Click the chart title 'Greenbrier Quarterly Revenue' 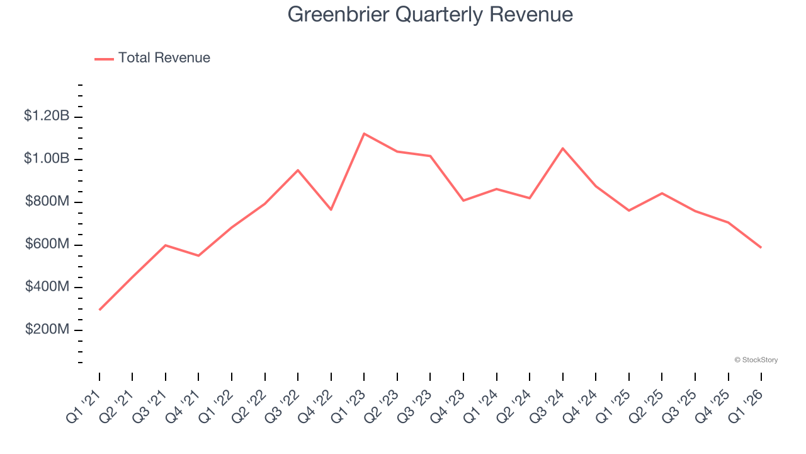(430, 15)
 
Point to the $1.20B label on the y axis (47, 116)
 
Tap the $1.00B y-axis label (47, 159)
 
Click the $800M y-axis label (47, 202)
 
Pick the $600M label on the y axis (47, 245)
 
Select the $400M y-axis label (47, 288)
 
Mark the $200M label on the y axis (47, 330)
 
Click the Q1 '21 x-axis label (84, 406)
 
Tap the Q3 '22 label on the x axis (283, 406)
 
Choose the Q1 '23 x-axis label (349, 406)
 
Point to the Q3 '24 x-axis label (547, 406)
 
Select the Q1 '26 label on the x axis (746, 406)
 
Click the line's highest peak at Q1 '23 (364, 134)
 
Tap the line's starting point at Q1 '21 (99, 310)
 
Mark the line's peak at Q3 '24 (562, 148)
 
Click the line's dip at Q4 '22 (331, 209)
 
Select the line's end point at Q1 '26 (761, 247)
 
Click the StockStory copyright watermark (756, 360)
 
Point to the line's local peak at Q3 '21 (166, 245)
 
